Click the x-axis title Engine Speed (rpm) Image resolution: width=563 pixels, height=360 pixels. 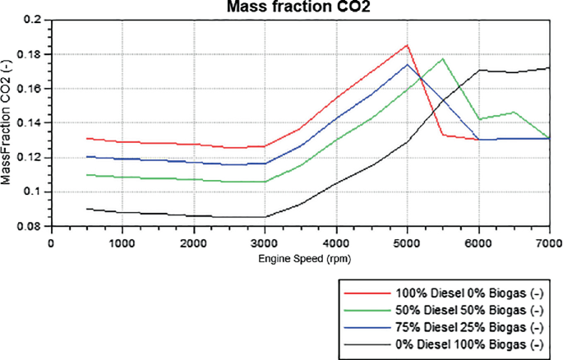tap(299, 257)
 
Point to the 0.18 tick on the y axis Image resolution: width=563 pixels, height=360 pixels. tap(34, 54)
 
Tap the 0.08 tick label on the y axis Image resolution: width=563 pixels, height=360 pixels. tap(34, 226)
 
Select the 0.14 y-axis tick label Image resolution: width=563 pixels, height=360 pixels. tap(34, 123)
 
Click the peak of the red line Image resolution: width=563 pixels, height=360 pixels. tap(407, 45)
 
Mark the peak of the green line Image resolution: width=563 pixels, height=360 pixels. tap(442, 58)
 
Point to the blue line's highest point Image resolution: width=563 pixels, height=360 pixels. tap(407, 64)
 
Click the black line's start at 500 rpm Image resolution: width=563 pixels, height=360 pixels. tap(86, 209)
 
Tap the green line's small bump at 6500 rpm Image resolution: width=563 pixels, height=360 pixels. tap(514, 112)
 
